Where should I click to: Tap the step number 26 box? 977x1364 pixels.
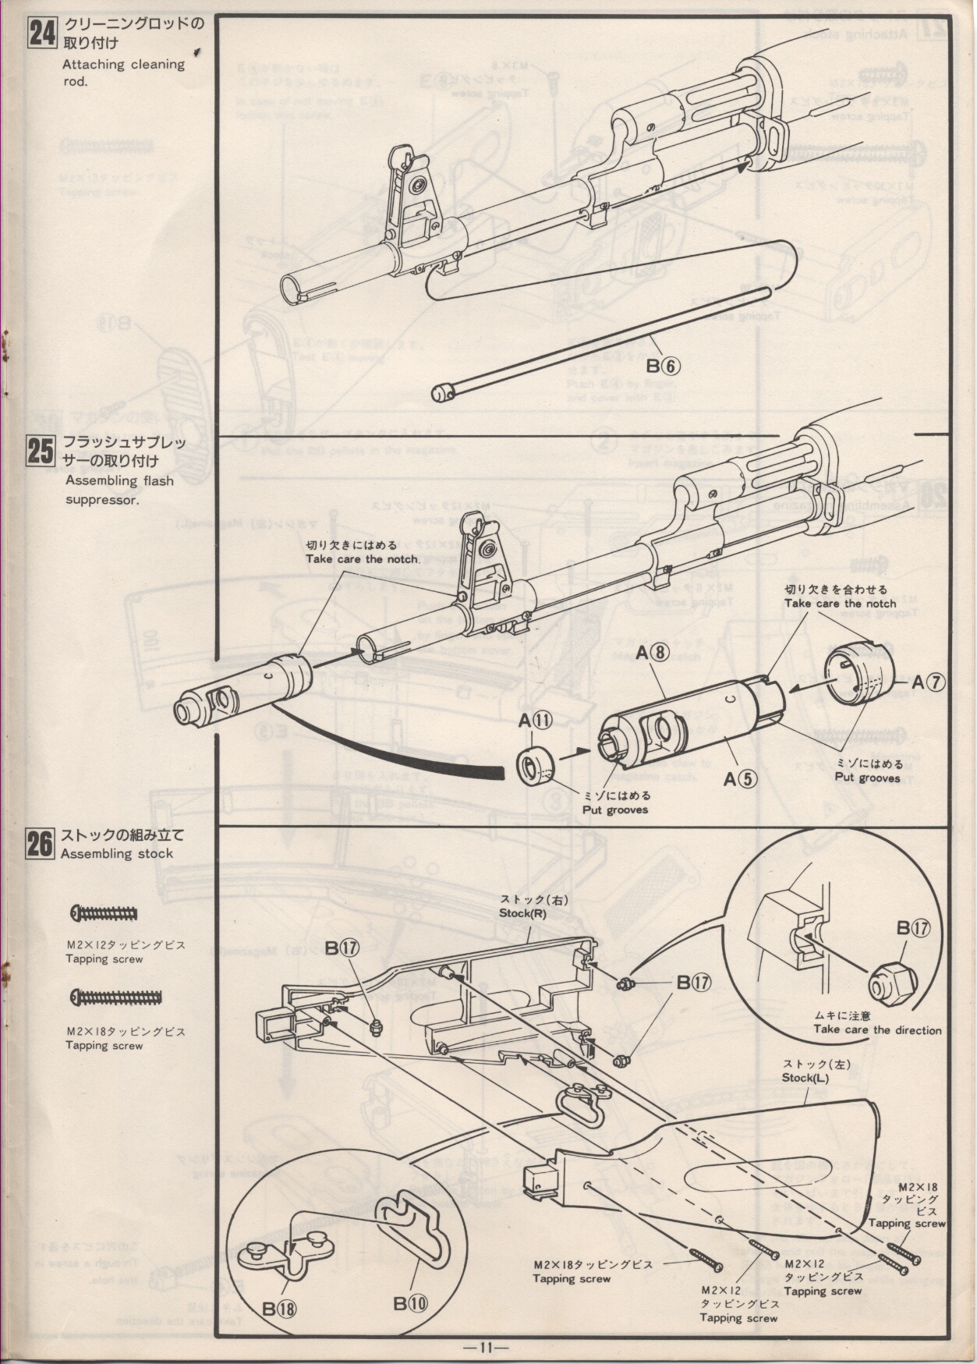(x=40, y=845)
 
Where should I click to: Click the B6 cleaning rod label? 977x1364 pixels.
(x=662, y=365)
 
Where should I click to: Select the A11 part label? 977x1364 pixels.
(x=536, y=721)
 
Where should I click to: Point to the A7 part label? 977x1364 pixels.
(x=929, y=682)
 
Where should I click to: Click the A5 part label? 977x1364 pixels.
(x=740, y=778)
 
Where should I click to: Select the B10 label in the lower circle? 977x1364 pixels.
(x=411, y=1302)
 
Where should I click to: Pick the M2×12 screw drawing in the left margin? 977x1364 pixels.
(x=104, y=913)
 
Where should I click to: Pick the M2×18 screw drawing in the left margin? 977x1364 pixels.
(x=116, y=997)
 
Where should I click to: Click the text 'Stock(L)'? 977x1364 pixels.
(x=805, y=1078)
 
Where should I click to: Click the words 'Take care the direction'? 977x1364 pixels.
(x=877, y=1030)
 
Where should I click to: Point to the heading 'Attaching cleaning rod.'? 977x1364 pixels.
(x=123, y=72)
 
